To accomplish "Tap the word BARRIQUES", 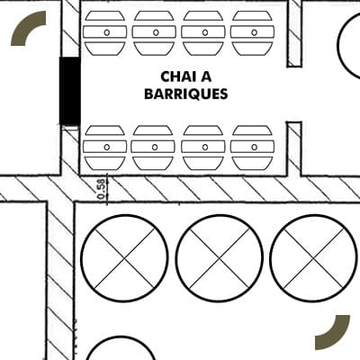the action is pos(186,94).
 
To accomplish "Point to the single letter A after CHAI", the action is pos(206,76).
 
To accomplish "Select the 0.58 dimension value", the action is pos(102,189).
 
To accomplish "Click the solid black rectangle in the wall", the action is pos(70,91).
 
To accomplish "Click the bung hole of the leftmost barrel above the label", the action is pos(107,32).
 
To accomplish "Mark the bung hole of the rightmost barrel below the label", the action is pos(255,148).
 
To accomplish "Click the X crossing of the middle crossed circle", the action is pos(220,258).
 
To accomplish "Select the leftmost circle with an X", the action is pos(124,258).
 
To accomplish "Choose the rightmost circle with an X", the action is pos(314,258).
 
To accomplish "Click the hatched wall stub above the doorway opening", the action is pos(294,33).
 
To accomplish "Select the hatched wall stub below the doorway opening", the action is pos(294,148).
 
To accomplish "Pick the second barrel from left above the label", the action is pos(154,33).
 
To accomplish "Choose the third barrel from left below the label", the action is pos(203,148).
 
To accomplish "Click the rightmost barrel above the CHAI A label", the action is pos(252,33).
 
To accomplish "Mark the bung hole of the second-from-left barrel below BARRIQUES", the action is pos(155,148).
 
